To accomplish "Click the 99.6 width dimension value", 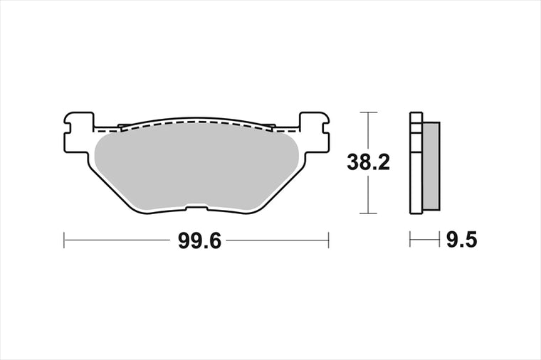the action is coord(199,241).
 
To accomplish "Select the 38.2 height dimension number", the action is coord(369,162).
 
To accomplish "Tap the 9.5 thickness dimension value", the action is coord(462,240).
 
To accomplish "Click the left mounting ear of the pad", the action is coord(79,132).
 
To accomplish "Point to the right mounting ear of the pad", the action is coord(314,132).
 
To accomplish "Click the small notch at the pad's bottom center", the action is coord(196,208).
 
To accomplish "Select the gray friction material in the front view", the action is coord(196,168).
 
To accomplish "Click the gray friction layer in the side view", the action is coord(431,166).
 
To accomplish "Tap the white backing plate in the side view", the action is coord(416,163).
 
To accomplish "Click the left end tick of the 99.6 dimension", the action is coord(64,240).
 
